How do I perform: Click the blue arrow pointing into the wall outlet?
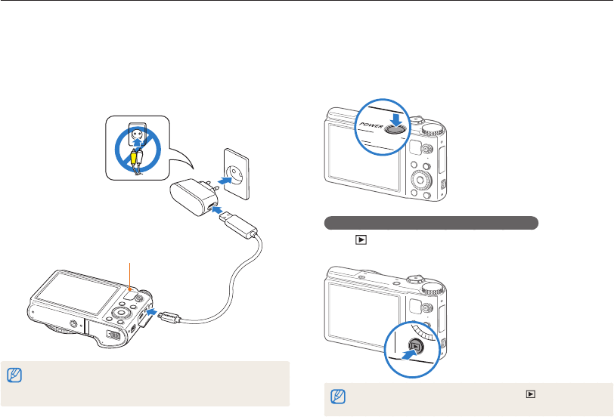click(222, 180)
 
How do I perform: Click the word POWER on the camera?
click(373, 122)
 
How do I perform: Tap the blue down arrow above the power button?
click(392, 112)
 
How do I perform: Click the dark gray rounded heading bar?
click(431, 223)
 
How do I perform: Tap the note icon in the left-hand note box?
click(12, 374)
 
